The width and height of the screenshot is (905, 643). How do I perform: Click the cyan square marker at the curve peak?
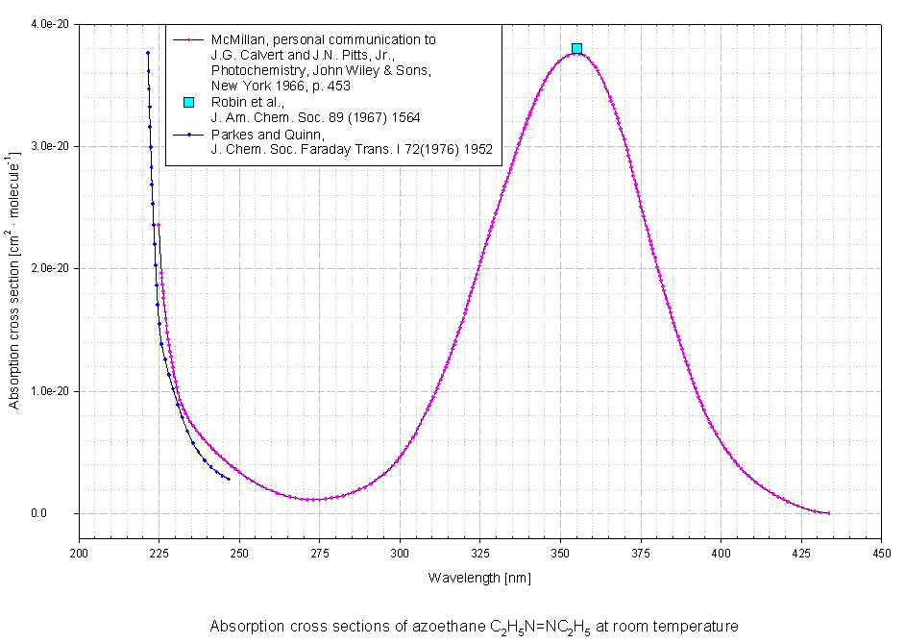tap(576, 48)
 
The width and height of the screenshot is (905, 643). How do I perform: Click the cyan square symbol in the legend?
tap(188, 102)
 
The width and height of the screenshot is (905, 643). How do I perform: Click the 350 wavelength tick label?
tap(561, 553)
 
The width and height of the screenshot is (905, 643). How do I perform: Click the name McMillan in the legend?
tap(238, 40)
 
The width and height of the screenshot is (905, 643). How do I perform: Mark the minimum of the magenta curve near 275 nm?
tap(312, 499)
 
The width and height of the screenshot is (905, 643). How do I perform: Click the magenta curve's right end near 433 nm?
tap(828, 513)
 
